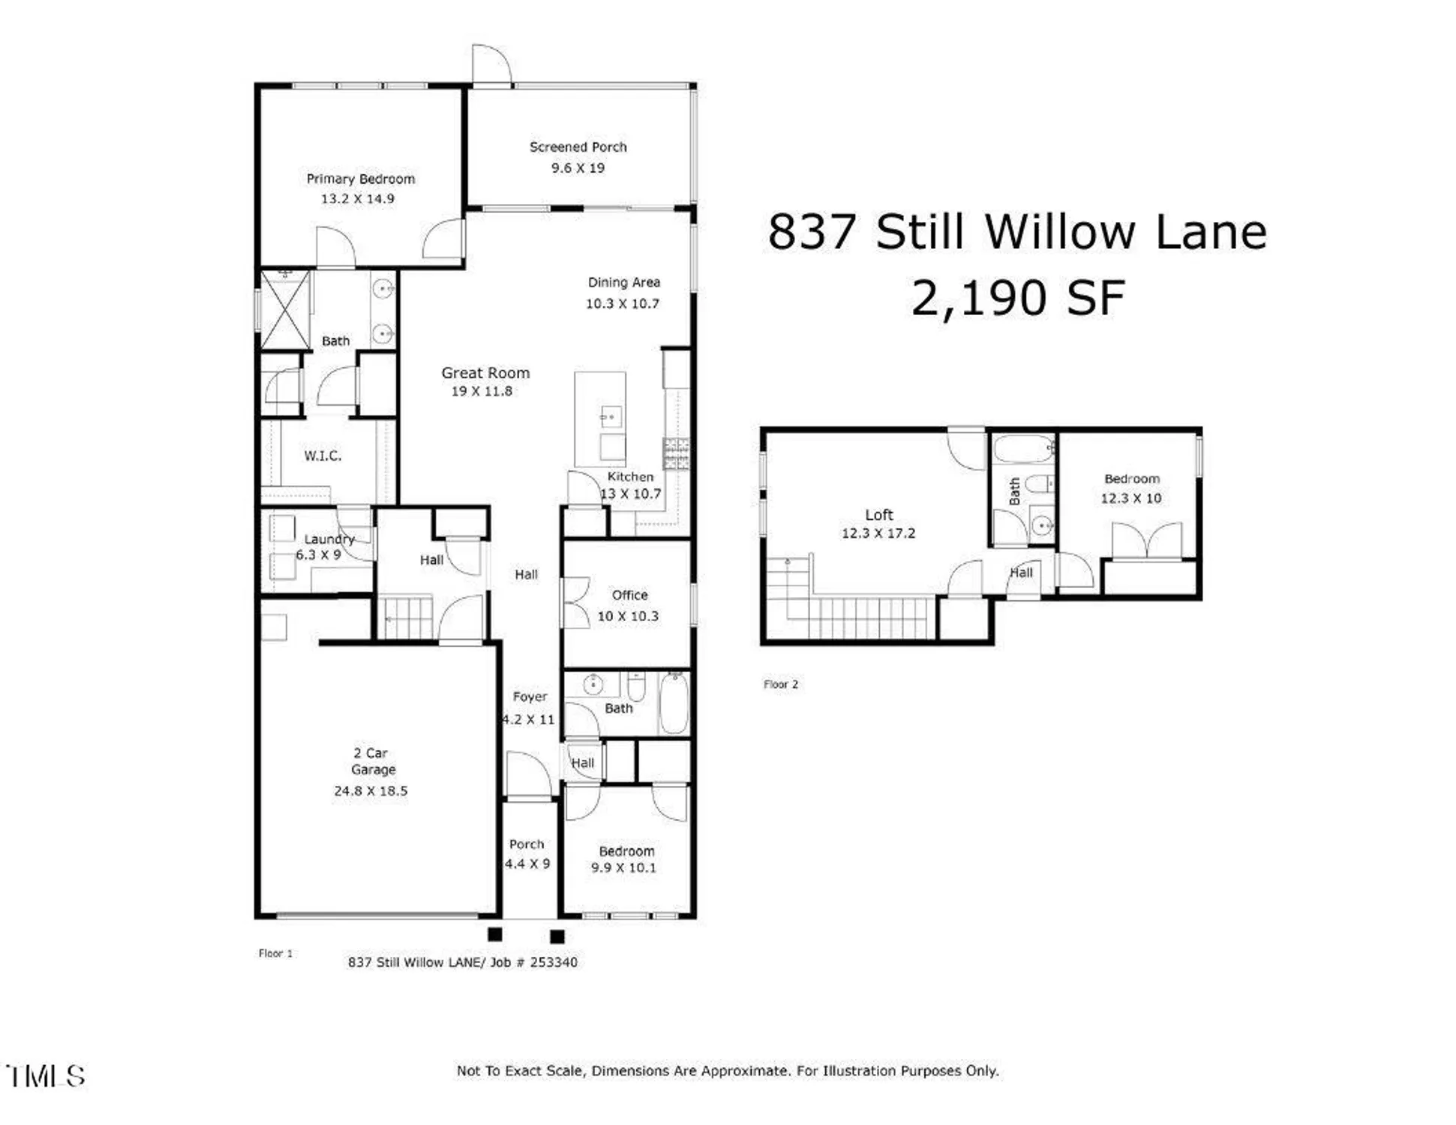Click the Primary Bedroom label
pyautogui.click(x=360, y=178)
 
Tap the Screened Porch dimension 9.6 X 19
pyautogui.click(x=578, y=168)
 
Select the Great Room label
pyautogui.click(x=485, y=373)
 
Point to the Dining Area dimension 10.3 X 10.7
pyautogui.click(x=622, y=304)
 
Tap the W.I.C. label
pyautogui.click(x=323, y=455)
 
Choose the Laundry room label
pyautogui.click(x=329, y=539)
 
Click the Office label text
pyautogui.click(x=629, y=595)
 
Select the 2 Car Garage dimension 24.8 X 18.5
pyautogui.click(x=371, y=790)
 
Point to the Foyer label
pyautogui.click(x=530, y=697)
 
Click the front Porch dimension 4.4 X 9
pyautogui.click(x=527, y=864)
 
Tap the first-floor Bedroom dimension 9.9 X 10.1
pyautogui.click(x=623, y=868)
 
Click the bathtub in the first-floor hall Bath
pyautogui.click(x=674, y=703)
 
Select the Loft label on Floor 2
pyautogui.click(x=878, y=515)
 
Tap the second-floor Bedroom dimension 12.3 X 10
pyautogui.click(x=1130, y=498)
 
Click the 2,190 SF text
pyautogui.click(x=1018, y=298)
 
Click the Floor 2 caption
pyautogui.click(x=780, y=684)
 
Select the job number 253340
pyautogui.click(x=554, y=962)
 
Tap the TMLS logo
pyautogui.click(x=45, y=1076)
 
